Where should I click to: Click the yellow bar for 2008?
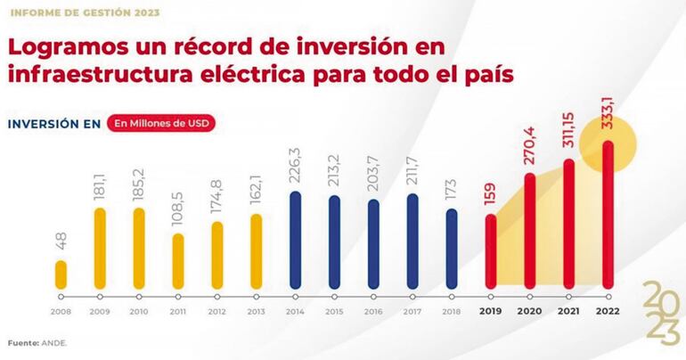pyautogui.click(x=61, y=274)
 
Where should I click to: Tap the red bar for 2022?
pyautogui.click(x=607, y=215)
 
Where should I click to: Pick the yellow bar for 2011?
pyautogui.click(x=178, y=261)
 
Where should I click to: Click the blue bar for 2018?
pyautogui.click(x=452, y=249)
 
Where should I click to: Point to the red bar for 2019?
pyautogui.click(x=491, y=251)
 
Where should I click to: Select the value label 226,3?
pyautogui.click(x=295, y=165)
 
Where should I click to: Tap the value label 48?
pyautogui.click(x=61, y=241)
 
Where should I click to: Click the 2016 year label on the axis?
pyautogui.click(x=373, y=311)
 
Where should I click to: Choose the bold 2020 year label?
pyautogui.click(x=529, y=311)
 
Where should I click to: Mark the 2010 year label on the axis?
pyautogui.click(x=139, y=311)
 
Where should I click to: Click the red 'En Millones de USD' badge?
pyautogui.click(x=162, y=123)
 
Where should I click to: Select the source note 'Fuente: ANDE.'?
pyautogui.click(x=38, y=341)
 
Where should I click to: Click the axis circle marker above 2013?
pyautogui.click(x=257, y=296)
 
